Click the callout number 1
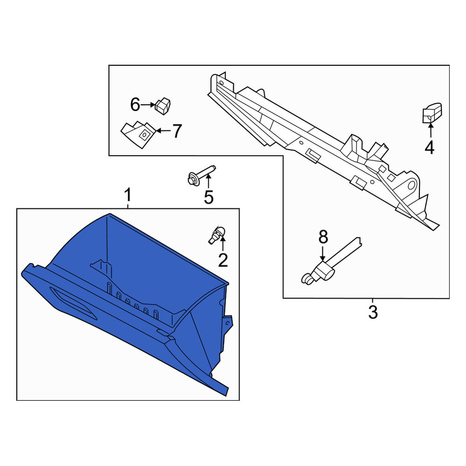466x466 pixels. tap(128, 195)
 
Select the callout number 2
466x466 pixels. tap(223, 260)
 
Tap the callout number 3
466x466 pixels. tap(373, 312)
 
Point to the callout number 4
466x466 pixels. tap(430, 148)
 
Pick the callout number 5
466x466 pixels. tap(209, 197)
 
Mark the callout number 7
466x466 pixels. tap(177, 131)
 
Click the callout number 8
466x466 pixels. tap(323, 237)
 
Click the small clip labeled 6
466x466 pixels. tap(163, 106)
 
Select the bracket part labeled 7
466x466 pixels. tap(138, 134)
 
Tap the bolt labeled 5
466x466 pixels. tap(201, 175)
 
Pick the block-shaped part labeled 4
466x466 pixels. tap(432, 113)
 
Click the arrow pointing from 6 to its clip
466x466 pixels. tap(148, 104)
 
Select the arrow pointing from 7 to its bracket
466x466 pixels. tap(164, 130)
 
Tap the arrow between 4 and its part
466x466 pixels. tap(430, 130)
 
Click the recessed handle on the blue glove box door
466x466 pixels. tap(73, 303)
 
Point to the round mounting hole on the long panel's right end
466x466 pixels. tap(411, 185)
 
